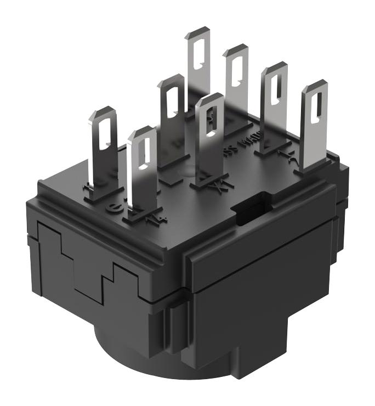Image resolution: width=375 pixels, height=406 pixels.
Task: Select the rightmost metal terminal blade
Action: tap(312, 126)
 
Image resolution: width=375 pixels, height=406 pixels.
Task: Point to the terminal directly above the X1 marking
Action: tap(211, 137)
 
